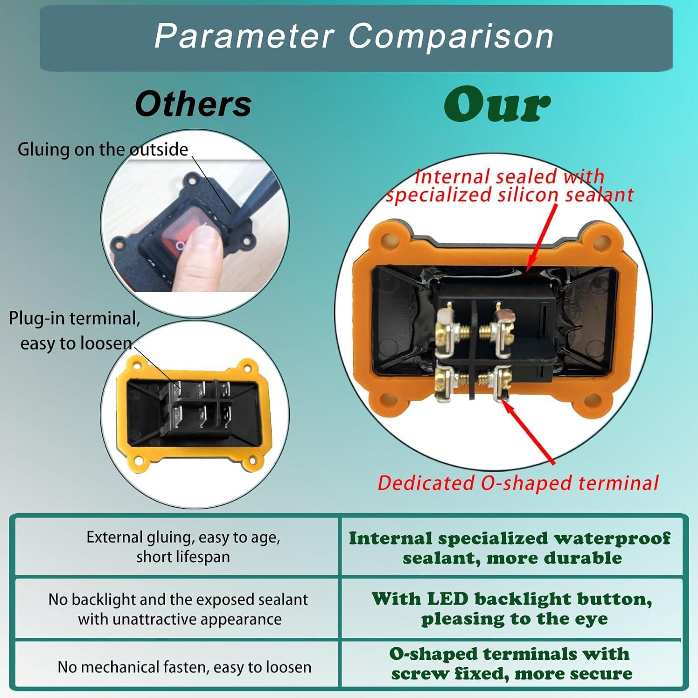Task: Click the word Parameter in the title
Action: [244, 36]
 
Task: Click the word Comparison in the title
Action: [451, 36]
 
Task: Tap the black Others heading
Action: [193, 104]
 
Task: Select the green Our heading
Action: [497, 105]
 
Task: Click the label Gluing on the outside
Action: [103, 150]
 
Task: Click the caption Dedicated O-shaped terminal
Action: [518, 483]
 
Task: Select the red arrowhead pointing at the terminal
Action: [507, 404]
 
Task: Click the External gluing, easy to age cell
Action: [183, 547]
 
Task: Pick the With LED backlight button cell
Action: [512, 608]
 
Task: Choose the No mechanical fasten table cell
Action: [184, 667]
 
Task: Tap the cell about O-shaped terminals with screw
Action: [511, 664]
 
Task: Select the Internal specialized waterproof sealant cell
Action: [510, 548]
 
